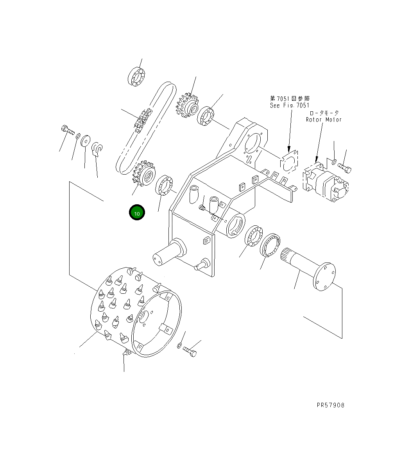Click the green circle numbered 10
pyautogui.click(x=137, y=213)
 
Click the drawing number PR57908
pyautogui.click(x=330, y=405)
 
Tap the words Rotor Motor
pyautogui.click(x=324, y=120)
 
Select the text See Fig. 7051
pyautogui.click(x=290, y=105)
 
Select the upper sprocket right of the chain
pyautogui.click(x=187, y=106)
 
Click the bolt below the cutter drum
pyautogui.click(x=190, y=351)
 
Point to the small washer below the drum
pyautogui.click(x=179, y=345)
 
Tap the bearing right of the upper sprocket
pyautogui.click(x=206, y=116)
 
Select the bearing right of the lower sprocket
pyautogui.click(x=165, y=185)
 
